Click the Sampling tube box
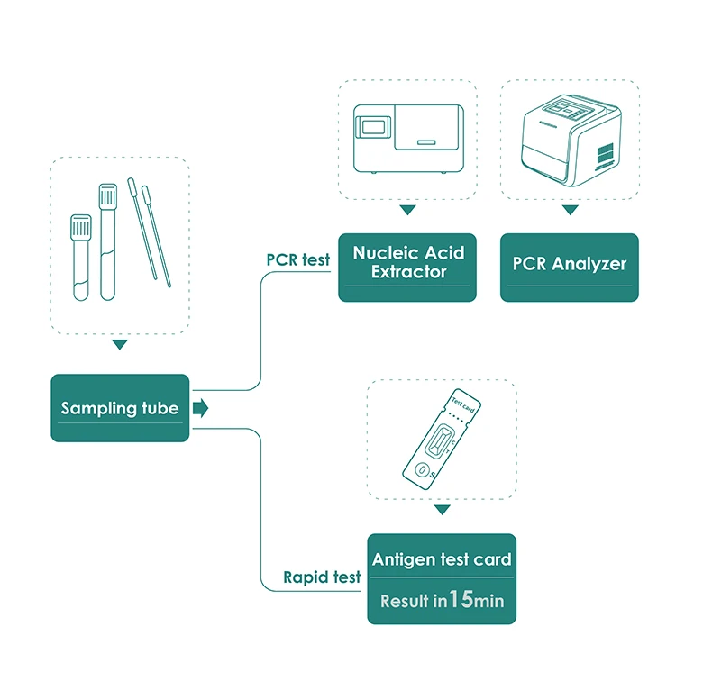(120, 408)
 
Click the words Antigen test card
(442, 559)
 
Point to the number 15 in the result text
(461, 599)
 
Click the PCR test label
(297, 259)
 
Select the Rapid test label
(322, 577)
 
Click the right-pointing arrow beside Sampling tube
(200, 409)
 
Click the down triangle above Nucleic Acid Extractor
(407, 210)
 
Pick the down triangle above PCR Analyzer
(569, 210)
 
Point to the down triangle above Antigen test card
(442, 510)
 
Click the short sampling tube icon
(81, 257)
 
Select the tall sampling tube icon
(108, 241)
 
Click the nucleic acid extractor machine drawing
(407, 139)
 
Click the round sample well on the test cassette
(422, 468)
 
